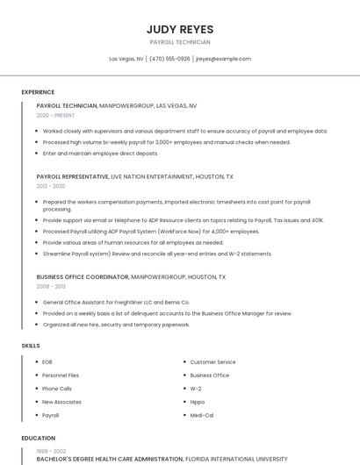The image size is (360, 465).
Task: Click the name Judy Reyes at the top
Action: tap(180, 29)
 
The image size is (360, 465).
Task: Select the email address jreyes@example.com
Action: tap(223, 59)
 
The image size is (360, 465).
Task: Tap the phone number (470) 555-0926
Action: tap(169, 59)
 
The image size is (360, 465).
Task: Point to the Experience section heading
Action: tap(38, 92)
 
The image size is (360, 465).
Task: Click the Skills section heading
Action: tap(31, 346)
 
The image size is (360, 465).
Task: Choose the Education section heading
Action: tap(38, 438)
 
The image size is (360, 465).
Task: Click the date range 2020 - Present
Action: tap(55, 115)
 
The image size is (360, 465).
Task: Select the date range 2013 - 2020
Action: tap(51, 186)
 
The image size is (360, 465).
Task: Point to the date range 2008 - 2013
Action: tap(51, 286)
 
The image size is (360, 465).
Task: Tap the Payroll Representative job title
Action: tap(73, 176)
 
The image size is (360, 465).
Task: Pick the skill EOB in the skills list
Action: tap(47, 361)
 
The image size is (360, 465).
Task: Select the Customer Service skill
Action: tap(212, 361)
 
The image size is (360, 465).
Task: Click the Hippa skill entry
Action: tap(198, 401)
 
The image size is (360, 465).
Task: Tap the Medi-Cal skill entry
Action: tap(201, 414)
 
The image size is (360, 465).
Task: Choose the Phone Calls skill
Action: tap(57, 388)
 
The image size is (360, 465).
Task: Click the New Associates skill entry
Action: tap(61, 401)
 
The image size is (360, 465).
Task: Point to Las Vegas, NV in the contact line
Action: tap(126, 59)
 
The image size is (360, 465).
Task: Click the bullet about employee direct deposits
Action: tap(100, 153)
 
